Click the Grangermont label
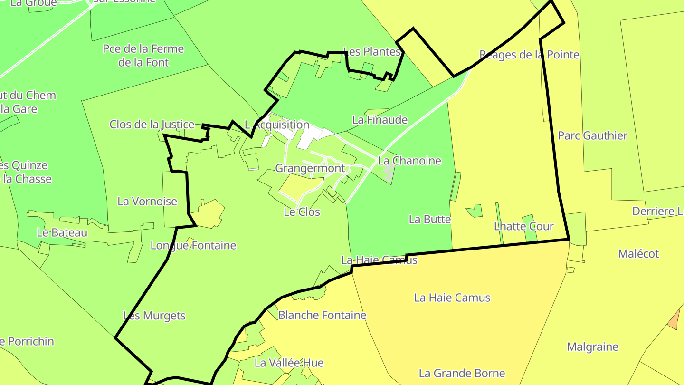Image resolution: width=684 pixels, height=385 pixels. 310,168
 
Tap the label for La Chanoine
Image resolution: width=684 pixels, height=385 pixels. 409,161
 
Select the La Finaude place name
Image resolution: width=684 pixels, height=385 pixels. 380,120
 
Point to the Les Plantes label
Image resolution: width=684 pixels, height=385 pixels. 371,52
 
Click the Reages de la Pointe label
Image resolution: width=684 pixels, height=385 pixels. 529,55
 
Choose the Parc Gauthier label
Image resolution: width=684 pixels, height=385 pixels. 592,136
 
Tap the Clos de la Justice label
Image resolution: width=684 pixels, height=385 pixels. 152,125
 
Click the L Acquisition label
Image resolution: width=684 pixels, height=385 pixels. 277,125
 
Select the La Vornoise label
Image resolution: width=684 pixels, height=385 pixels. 147,202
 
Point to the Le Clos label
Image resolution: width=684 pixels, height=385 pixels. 302,212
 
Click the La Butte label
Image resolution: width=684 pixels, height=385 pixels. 430,220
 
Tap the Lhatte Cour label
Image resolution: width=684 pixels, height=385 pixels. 524,226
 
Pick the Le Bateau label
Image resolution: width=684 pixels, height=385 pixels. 62,233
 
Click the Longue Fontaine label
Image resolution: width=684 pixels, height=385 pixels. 193,246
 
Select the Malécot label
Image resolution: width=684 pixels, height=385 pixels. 638,254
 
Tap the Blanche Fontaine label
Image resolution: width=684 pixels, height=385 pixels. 322,315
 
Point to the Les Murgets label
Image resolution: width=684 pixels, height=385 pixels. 154,316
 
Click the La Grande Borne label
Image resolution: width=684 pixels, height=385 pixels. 462,374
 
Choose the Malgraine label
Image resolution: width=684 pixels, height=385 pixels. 593,347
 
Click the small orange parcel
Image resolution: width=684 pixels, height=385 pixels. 674,320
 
